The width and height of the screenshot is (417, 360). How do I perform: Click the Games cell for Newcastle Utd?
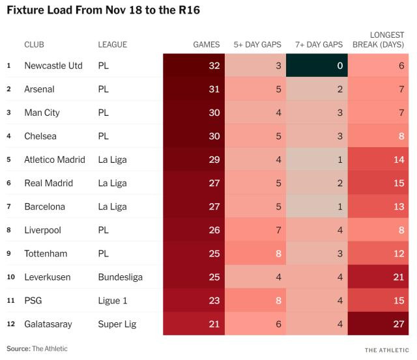pyautogui.click(x=194, y=66)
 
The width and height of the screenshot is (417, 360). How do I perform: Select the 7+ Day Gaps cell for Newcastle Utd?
pyautogui.click(x=317, y=66)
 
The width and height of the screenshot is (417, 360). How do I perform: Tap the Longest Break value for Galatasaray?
pyautogui.click(x=379, y=324)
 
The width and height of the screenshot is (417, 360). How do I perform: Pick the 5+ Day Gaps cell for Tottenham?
pyautogui.click(x=255, y=253)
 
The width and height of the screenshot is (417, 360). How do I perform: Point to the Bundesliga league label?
pyautogui.click(x=121, y=277)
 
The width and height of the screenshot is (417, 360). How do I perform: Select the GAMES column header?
pyautogui.click(x=207, y=44)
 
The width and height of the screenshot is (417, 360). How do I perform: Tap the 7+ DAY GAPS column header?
pyautogui.click(x=315, y=44)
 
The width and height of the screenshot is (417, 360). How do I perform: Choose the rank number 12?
pyautogui.click(x=9, y=324)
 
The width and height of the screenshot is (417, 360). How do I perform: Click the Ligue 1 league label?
pyautogui.click(x=112, y=300)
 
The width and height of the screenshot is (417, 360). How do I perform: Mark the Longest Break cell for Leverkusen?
pyautogui.click(x=379, y=277)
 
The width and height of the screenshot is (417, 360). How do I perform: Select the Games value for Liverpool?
pyautogui.click(x=194, y=230)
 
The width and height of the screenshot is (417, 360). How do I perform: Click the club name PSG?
pyautogui.click(x=33, y=300)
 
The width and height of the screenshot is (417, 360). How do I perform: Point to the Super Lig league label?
pyautogui.click(x=116, y=324)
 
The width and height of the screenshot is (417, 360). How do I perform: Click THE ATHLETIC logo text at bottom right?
pyautogui.click(x=388, y=350)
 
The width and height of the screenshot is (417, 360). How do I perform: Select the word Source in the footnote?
pyautogui.click(x=18, y=349)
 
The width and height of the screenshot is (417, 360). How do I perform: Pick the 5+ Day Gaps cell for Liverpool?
pyautogui.click(x=255, y=230)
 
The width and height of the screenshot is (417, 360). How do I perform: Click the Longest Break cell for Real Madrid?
pyautogui.click(x=379, y=183)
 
